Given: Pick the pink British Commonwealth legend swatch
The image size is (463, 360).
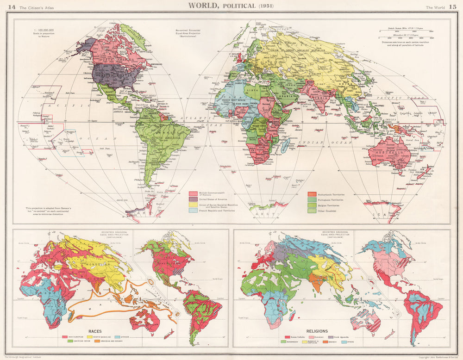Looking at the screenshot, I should (x=193, y=193).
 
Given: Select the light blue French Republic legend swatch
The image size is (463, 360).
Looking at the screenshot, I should (x=193, y=211).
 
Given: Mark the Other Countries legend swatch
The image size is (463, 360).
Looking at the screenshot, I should (x=312, y=211).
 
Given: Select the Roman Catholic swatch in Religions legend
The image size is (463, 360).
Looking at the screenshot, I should (x=285, y=337).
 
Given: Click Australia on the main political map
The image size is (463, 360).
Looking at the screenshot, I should (x=389, y=153).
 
